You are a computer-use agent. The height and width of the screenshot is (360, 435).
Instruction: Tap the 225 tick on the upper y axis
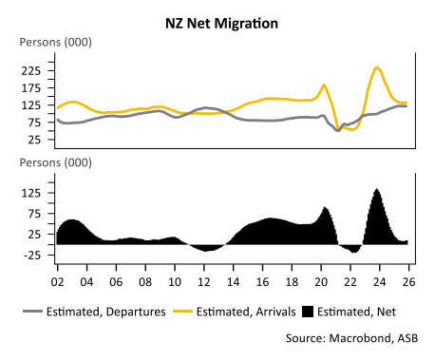(x=31, y=70)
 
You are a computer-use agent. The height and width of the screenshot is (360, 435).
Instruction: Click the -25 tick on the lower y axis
(x=32, y=256)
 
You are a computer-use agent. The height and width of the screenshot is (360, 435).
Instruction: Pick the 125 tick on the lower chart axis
(x=31, y=193)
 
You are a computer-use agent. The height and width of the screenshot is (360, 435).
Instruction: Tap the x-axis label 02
(x=57, y=283)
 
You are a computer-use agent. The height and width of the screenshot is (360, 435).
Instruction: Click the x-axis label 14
(x=232, y=283)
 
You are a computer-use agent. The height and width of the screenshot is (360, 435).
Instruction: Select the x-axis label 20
(x=319, y=283)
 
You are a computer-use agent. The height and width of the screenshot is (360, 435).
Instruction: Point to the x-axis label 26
(x=407, y=283)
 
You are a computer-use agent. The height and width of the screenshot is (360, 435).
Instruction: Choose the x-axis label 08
(x=144, y=283)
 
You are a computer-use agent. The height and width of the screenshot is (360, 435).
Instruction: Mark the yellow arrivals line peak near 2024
(x=377, y=67)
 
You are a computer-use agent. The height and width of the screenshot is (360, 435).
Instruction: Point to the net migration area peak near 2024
(x=377, y=190)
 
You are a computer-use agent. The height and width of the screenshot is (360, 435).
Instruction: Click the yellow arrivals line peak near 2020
(x=325, y=85)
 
